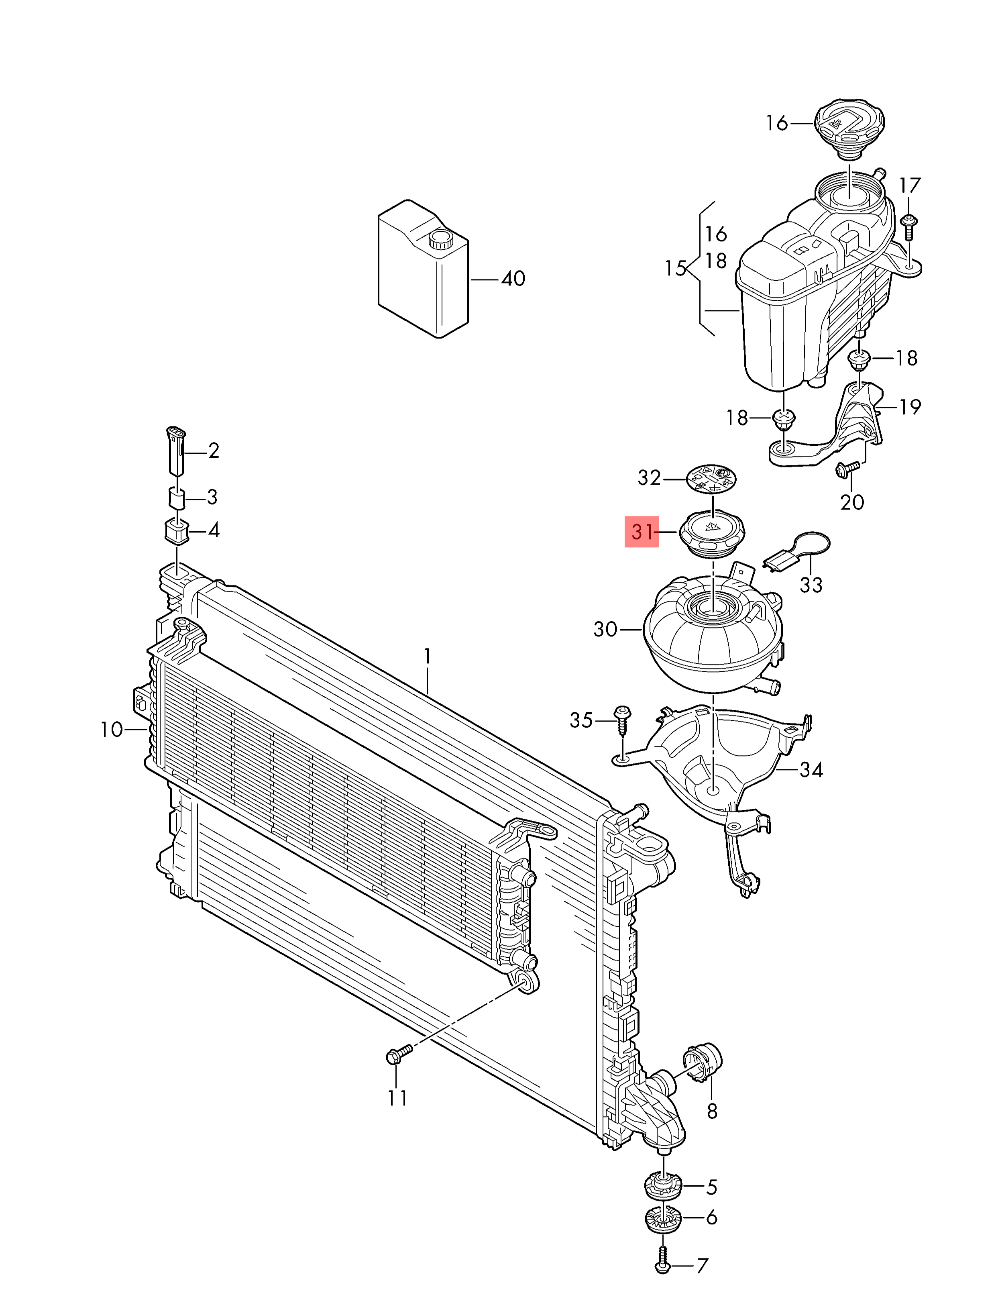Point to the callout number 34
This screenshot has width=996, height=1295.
[x=811, y=770]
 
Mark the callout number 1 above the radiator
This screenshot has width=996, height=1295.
[x=427, y=657]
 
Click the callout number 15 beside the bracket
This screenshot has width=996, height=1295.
[x=675, y=269]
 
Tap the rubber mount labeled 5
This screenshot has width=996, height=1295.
[x=663, y=1186]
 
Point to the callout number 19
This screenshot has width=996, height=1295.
[x=909, y=407]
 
